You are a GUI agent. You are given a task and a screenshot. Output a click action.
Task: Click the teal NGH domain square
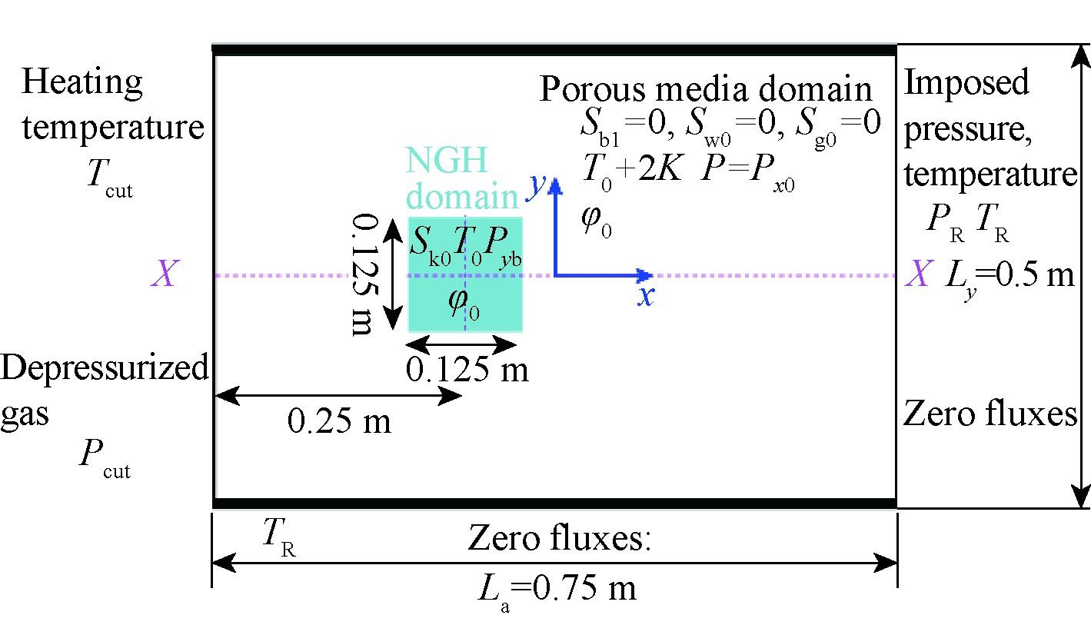tap(465, 274)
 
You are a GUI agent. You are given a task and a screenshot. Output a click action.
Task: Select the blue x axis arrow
tap(607, 275)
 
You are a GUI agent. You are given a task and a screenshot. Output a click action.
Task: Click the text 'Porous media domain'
tap(706, 89)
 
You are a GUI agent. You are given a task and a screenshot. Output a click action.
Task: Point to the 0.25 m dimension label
tap(339, 421)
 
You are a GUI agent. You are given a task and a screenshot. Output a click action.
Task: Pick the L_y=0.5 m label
tap(1010, 275)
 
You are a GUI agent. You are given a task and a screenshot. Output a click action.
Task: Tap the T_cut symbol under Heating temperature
tap(109, 181)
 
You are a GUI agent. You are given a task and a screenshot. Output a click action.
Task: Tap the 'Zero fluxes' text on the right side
tap(990, 414)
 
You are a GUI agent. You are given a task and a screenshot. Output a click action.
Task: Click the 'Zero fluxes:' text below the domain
tap(559, 540)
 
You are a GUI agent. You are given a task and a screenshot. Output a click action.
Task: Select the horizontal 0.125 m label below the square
tap(467, 370)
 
